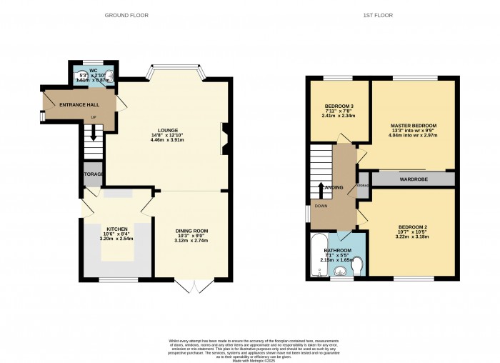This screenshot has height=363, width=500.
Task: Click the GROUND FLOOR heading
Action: click(125, 15)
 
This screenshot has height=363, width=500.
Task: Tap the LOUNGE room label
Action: click(157, 130)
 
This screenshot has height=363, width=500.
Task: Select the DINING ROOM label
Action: click(191, 231)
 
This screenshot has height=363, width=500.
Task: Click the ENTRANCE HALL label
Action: click(79, 105)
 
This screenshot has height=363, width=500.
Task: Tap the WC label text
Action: click(94, 71)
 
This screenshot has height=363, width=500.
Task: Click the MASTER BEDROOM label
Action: click(413, 125)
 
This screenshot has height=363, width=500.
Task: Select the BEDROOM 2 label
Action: click(413, 227)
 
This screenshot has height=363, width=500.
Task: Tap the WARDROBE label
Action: click(414, 179)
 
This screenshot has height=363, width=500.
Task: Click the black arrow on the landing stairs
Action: click(321, 189)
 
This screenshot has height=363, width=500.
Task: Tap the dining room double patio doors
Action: click(193, 287)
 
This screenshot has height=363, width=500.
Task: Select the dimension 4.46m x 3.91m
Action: click(157, 140)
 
